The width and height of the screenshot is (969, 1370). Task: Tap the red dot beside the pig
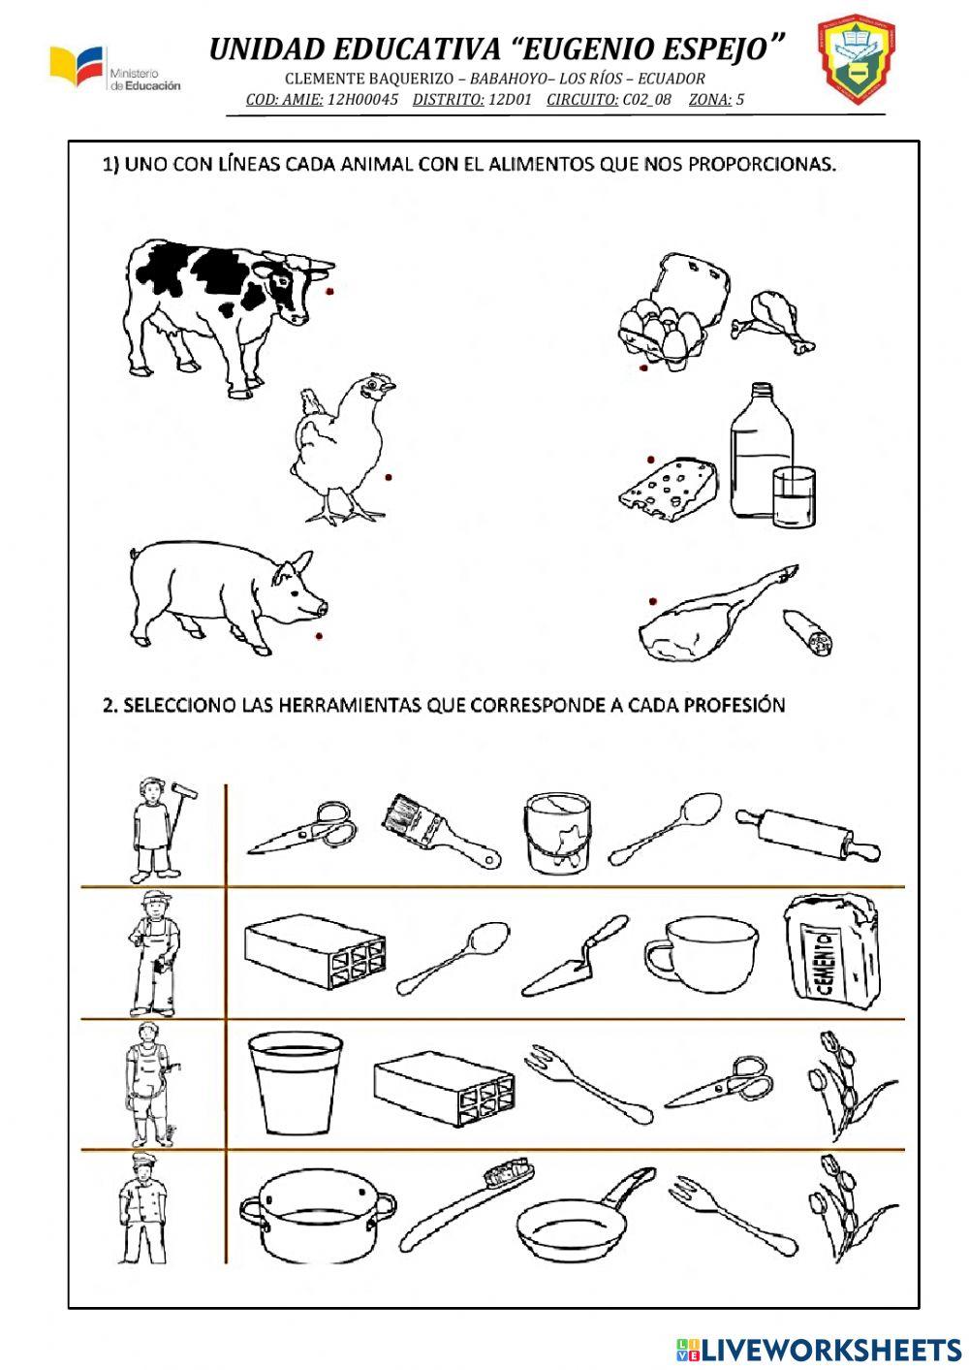[x=319, y=636]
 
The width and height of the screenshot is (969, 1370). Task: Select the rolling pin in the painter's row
[x=808, y=835]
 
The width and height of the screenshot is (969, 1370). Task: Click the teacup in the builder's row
[x=701, y=954]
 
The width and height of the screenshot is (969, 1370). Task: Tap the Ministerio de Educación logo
[x=114, y=70]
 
